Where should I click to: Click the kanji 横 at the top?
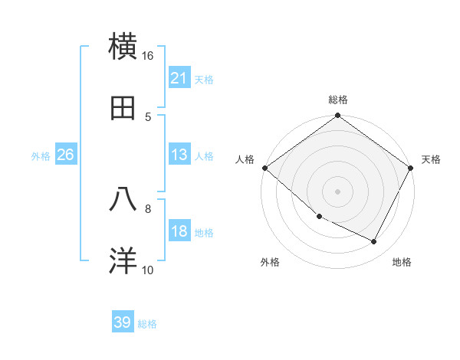(123, 46)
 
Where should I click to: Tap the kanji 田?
(123, 107)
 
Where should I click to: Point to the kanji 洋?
(123, 260)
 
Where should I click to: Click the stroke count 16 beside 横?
(147, 56)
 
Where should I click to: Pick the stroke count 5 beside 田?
(148, 116)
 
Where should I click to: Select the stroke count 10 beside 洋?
(148, 270)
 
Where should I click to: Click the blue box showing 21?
(179, 78)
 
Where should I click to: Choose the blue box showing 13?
(179, 155)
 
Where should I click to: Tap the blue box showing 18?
(179, 232)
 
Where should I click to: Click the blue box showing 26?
(65, 155)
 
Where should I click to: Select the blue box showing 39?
(123, 322)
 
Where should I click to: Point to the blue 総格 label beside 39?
(147, 324)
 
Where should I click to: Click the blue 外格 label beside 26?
(41, 155)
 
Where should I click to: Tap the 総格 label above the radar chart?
(338, 100)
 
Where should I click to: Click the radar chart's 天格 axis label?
(431, 159)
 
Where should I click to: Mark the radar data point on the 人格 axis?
(264, 168)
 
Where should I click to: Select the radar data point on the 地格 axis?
(374, 242)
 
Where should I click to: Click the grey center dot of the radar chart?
(338, 191)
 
